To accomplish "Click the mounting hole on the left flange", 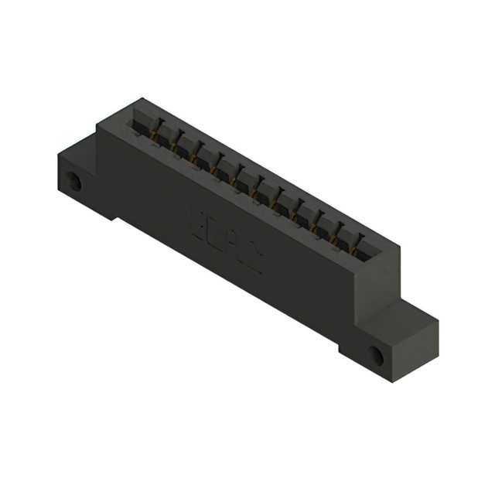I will click(76, 183).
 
